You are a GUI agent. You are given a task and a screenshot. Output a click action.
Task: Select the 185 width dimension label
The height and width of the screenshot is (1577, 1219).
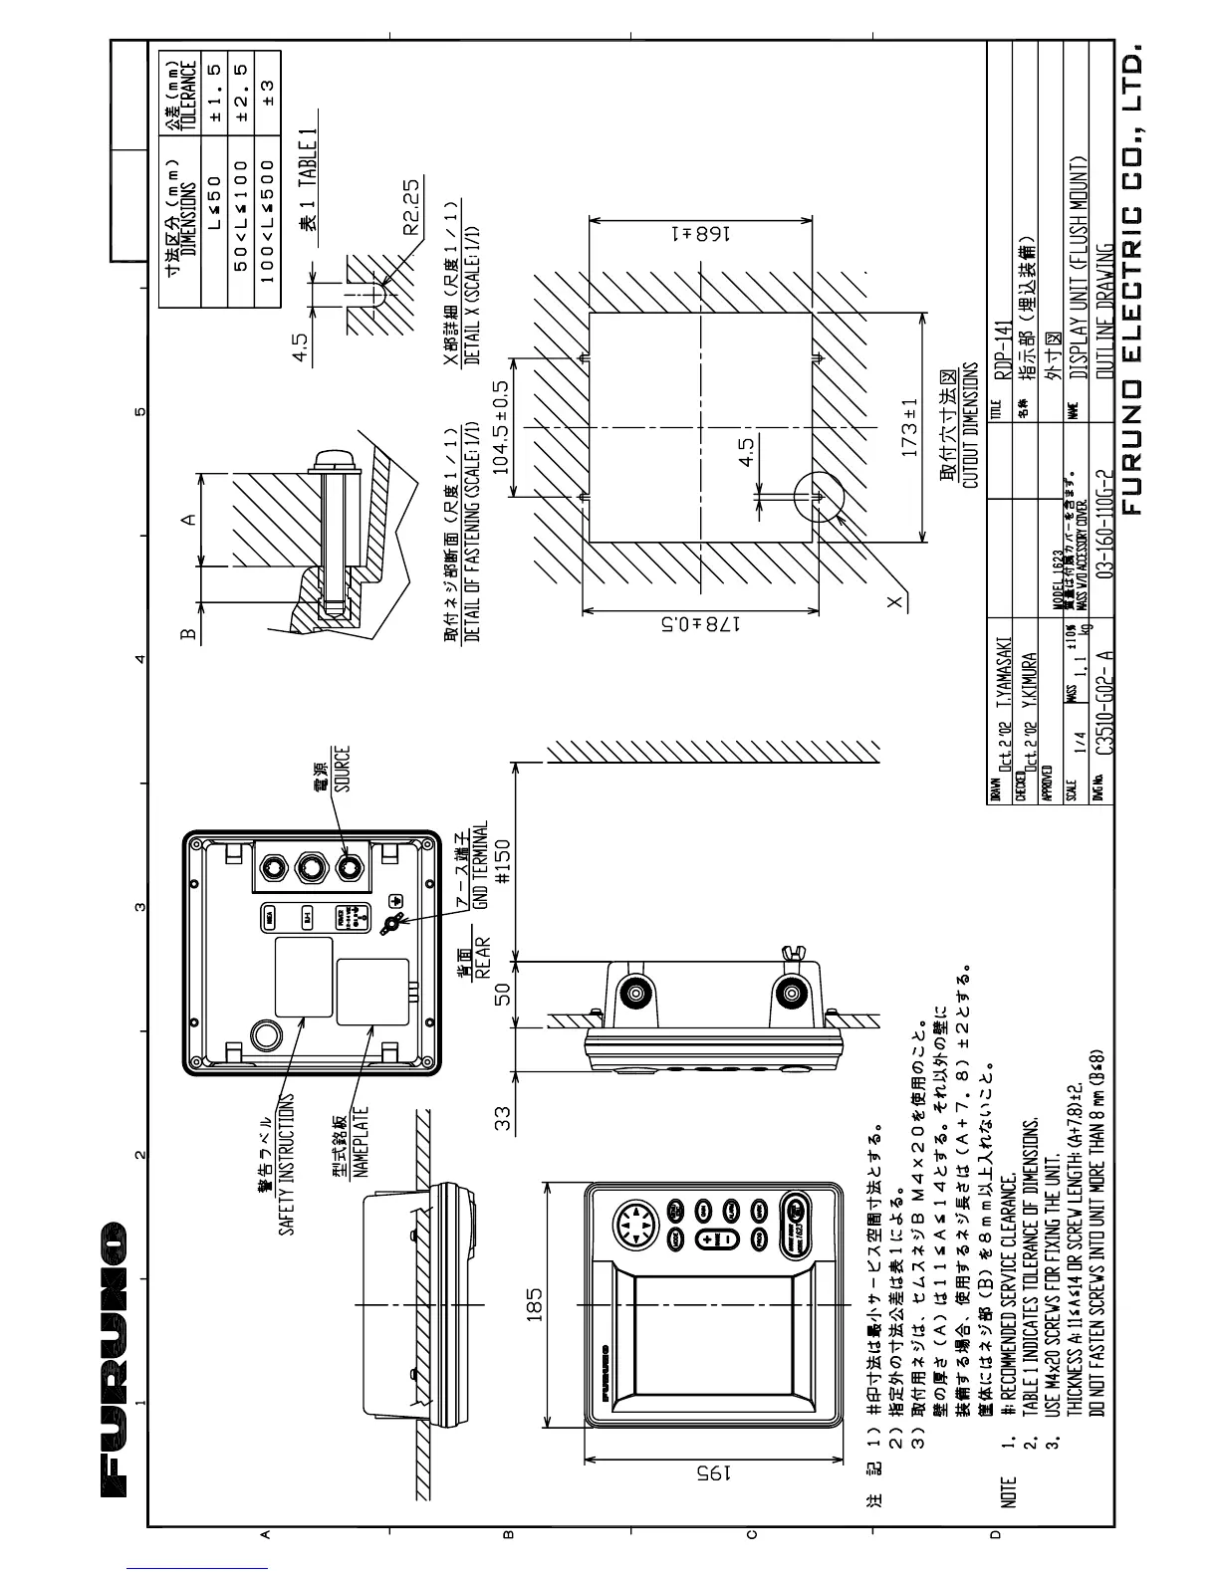pos(534,1307)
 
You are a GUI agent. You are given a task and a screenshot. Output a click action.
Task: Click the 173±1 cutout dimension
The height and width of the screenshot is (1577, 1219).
pos(908,428)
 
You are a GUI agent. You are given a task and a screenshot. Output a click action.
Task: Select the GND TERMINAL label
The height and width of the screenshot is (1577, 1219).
pos(480,865)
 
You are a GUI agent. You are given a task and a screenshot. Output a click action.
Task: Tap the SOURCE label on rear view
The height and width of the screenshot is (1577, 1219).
pos(342,769)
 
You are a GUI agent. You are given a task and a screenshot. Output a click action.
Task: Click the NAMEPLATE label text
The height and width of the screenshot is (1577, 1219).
pos(360,1142)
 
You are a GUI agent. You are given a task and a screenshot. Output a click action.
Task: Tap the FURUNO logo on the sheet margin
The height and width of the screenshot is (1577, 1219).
pos(114,1360)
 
